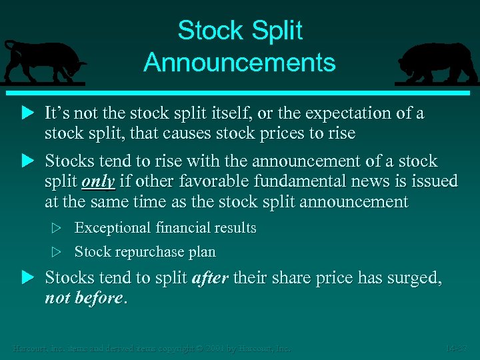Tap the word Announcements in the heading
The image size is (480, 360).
(x=239, y=63)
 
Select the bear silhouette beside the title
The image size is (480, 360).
(x=436, y=64)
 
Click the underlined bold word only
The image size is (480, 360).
(x=98, y=182)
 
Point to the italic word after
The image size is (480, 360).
(x=209, y=278)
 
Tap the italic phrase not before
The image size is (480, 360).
(x=83, y=298)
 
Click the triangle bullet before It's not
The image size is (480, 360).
(x=27, y=113)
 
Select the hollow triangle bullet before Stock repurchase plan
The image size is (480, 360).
(x=57, y=252)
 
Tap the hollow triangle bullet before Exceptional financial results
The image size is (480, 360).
(x=57, y=228)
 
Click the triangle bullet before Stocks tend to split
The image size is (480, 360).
(x=27, y=278)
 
